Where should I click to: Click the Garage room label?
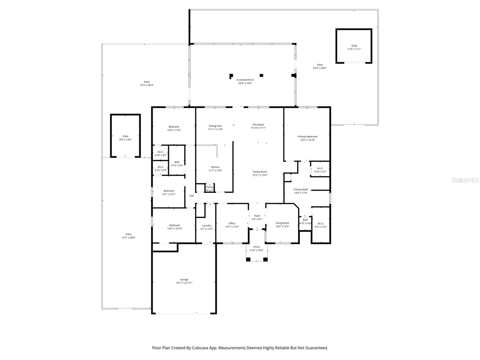click(184, 280)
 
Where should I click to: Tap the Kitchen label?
click(215, 167)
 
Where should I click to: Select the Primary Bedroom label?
click(307, 136)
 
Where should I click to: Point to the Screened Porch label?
click(245, 80)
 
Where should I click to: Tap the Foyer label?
click(257, 216)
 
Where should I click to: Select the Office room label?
click(232, 223)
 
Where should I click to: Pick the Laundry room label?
click(206, 226)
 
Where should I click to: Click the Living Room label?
click(282, 223)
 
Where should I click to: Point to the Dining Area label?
click(215, 126)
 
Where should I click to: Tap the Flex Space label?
click(258, 124)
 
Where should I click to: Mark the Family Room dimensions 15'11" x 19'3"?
click(260, 175)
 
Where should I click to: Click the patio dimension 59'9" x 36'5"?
click(320, 68)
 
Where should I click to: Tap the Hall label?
click(191, 196)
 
